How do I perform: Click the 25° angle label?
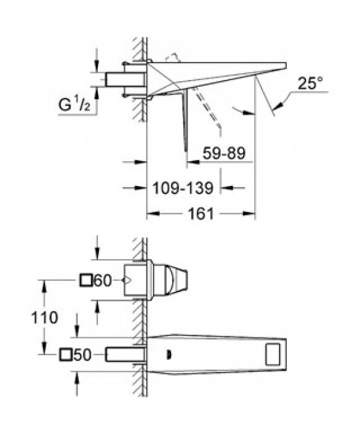coord(310,82)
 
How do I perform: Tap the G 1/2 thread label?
coord(74,104)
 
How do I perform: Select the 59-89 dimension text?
coord(224,153)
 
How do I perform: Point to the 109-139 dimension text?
coord(183,188)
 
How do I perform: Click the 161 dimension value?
coord(201,214)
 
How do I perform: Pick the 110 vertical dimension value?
coord(45,317)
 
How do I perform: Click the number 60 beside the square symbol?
coord(103,280)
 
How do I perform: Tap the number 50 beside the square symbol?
coord(82,355)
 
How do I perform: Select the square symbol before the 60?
coord(86,280)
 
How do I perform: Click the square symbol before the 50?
coord(66,355)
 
